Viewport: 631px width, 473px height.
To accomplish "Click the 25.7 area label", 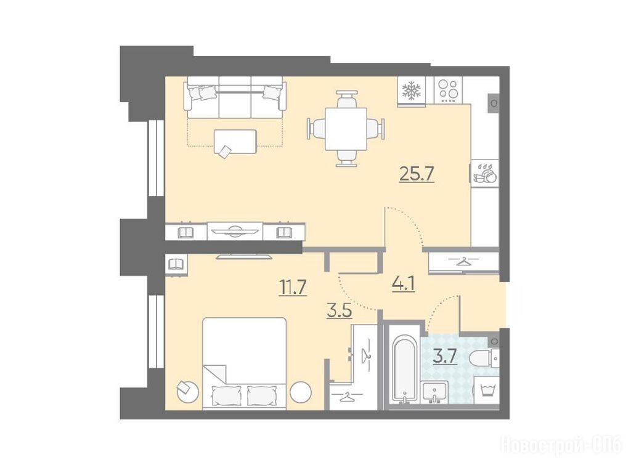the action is point(417,174).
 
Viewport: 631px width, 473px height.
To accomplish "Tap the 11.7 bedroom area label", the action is point(293,288).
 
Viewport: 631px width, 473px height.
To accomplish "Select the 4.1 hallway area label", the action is point(403,284).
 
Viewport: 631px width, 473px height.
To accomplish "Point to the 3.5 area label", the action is point(340,311).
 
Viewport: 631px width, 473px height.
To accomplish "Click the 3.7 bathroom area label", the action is point(445,357).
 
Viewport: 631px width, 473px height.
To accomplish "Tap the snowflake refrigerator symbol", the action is point(411,90).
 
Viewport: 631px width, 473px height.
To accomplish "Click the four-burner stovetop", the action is point(448,90).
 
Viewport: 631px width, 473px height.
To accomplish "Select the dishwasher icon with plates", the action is point(485,173).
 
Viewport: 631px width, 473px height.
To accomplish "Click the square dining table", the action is point(346,129).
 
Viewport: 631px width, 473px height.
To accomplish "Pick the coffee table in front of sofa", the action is point(235,141).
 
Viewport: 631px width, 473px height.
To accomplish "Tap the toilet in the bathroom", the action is point(485,358).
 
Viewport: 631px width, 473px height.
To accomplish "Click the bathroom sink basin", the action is point(435,392).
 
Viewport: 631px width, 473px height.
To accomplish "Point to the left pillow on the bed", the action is point(226,395).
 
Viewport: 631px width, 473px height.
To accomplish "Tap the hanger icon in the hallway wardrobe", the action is point(463,261).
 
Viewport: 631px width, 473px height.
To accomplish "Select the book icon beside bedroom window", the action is point(176,264).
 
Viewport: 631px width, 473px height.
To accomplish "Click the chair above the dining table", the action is point(346,98).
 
